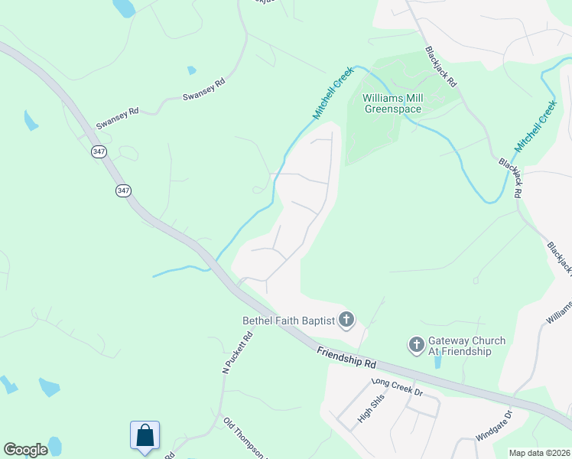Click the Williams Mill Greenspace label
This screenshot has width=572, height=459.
pos(392,104)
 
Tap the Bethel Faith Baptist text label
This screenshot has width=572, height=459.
pos(288,321)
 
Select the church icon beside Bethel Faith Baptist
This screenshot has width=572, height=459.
pos(346,320)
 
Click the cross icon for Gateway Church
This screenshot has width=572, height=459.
pos(417,345)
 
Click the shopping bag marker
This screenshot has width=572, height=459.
pos(145,435)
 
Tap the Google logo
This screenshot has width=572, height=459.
pos(25,450)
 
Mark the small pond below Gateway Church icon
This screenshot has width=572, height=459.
pos(436,361)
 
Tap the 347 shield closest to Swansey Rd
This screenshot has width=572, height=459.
pos(99,153)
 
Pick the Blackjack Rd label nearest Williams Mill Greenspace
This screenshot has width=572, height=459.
pos(441,67)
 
